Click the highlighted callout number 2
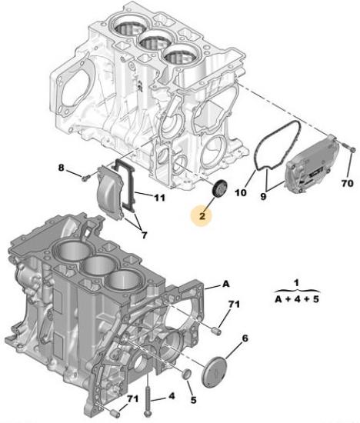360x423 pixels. pyautogui.click(x=202, y=216)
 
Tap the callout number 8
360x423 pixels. pyautogui.click(x=62, y=168)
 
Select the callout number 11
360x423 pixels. pyautogui.click(x=159, y=198)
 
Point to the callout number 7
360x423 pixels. pyautogui.click(x=145, y=235)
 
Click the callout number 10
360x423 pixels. pyautogui.click(x=241, y=192)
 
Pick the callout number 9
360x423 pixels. pyautogui.click(x=263, y=196)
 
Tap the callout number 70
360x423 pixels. pyautogui.click(x=348, y=184)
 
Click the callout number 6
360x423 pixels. pyautogui.click(x=245, y=338)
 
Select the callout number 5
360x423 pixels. pyautogui.click(x=194, y=400)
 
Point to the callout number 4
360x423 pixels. pyautogui.click(x=172, y=396)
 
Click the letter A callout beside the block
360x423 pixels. pyautogui.click(x=225, y=284)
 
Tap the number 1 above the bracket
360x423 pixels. pyautogui.click(x=297, y=283)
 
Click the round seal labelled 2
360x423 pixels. pyautogui.click(x=220, y=188)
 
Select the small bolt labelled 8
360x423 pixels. pyautogui.click(x=86, y=178)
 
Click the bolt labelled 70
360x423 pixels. pyautogui.click(x=349, y=148)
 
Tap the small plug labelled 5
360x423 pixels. pyautogui.click(x=187, y=375)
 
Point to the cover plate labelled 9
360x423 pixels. pyautogui.click(x=311, y=165)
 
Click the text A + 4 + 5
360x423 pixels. pyautogui.click(x=297, y=299)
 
